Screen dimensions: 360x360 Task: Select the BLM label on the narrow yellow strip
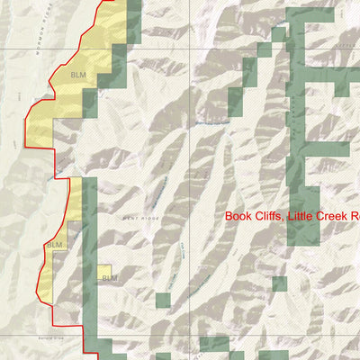pyautogui.click(x=54, y=245)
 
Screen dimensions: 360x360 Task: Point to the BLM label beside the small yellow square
pyautogui.click(x=110, y=279)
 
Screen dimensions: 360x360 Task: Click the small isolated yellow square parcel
pyautogui.click(x=105, y=270)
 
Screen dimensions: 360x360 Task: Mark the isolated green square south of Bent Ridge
pyautogui.click(x=163, y=300)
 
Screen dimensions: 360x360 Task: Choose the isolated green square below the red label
pyautogui.click(x=279, y=283)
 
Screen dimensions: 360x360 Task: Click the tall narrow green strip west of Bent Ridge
pyautogui.click(x=89, y=261)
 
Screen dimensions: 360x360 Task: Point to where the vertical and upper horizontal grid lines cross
pyautogui.click(x=190, y=49)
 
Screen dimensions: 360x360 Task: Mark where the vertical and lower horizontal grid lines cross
pyautogui.click(x=190, y=335)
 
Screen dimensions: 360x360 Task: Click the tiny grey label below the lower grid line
pyautogui.click(x=50, y=339)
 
